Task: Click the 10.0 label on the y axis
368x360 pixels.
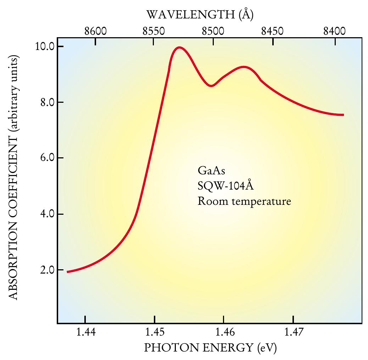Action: (x=44, y=46)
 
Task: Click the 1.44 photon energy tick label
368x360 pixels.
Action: (x=85, y=333)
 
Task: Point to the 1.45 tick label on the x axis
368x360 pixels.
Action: (x=154, y=333)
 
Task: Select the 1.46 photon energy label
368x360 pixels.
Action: (x=223, y=333)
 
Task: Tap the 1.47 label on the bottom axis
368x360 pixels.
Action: (x=293, y=333)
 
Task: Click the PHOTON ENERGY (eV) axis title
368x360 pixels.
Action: (x=210, y=348)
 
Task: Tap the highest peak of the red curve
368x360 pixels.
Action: (x=179, y=47)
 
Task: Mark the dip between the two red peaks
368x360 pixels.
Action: (x=211, y=86)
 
